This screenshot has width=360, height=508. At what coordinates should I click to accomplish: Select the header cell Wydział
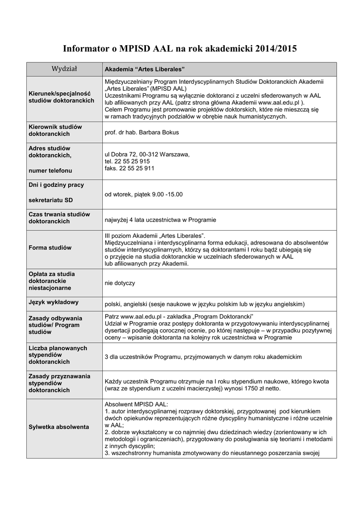tap(64, 68)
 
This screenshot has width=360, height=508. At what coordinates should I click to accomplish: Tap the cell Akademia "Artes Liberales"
tap(144, 69)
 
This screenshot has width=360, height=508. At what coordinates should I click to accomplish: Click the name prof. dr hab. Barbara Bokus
tap(142, 132)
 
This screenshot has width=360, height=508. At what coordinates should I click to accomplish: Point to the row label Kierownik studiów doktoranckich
tap(55, 130)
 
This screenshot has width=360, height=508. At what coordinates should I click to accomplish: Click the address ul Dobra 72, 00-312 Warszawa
tap(147, 154)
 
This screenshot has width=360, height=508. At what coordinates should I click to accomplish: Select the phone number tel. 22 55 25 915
tap(127, 161)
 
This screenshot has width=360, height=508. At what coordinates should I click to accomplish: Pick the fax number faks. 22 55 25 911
tap(129, 168)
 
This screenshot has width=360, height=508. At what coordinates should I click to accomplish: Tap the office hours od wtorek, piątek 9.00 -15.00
tap(144, 194)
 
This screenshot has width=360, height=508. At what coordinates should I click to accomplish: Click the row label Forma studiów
tap(50, 248)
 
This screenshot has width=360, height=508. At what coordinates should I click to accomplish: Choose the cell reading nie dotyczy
tap(120, 283)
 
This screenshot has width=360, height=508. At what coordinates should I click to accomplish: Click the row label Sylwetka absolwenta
tap(59, 427)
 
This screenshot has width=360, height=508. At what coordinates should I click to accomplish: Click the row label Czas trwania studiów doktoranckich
tap(59, 217)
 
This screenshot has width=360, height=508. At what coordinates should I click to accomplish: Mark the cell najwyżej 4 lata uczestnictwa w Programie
tap(160, 219)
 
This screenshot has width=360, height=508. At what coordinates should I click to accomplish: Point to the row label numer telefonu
tap(50, 170)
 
